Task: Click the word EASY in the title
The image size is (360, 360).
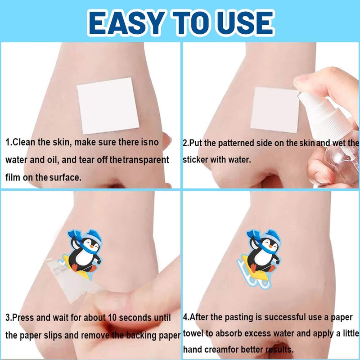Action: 126,23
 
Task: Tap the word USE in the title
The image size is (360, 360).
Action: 247,23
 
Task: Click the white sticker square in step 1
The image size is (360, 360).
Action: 108,106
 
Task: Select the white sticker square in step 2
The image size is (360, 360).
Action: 275,110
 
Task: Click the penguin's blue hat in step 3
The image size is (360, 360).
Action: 92,237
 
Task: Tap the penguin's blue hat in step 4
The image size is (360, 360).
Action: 271,237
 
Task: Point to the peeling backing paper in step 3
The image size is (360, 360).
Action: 69,280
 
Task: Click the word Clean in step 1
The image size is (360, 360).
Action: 24,142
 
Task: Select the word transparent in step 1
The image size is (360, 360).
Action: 146,160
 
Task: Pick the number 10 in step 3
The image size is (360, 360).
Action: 112,318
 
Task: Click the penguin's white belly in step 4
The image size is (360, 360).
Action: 262,256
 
